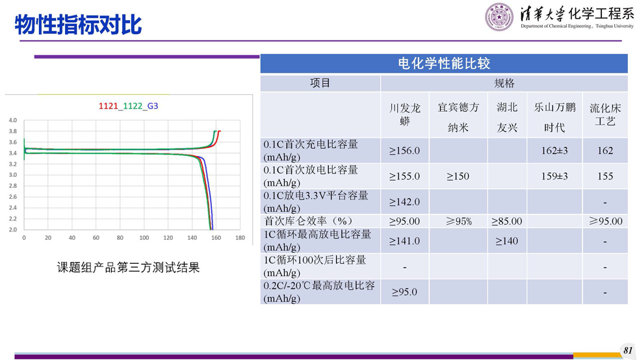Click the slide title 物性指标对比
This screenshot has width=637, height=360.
click(78, 25)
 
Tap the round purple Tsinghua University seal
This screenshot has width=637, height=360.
click(499, 17)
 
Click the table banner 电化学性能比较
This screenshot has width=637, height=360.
click(444, 64)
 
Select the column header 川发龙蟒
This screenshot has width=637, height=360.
click(404, 114)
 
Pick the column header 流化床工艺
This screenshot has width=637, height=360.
click(605, 114)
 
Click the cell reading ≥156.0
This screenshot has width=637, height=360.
click(404, 151)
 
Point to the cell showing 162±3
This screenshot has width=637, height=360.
click(554, 151)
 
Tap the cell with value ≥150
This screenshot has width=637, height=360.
click(458, 176)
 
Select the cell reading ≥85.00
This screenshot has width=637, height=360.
click(506, 222)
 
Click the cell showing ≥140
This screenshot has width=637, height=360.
click(506, 241)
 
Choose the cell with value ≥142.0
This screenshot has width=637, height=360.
click(404, 202)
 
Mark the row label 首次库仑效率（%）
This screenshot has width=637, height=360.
click(308, 221)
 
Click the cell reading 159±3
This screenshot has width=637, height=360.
click(554, 176)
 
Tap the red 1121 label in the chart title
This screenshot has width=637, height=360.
click(108, 106)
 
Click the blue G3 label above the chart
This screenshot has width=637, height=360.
click(153, 106)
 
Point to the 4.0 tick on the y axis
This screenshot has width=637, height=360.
click(13, 120)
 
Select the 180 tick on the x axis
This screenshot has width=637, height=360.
click(240, 238)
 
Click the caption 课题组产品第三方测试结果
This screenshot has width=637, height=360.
click(129, 268)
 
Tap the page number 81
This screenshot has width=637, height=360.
click(628, 350)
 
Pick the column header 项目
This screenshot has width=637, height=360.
click(320, 83)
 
